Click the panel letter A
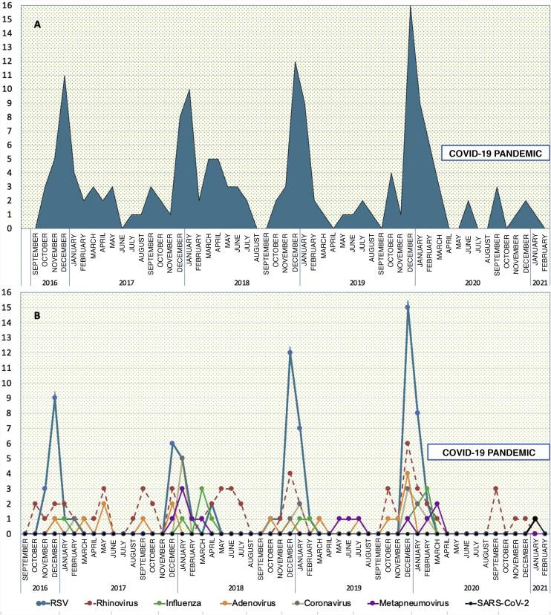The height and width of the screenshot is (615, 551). click(36, 24)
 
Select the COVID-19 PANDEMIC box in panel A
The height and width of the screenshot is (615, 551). click(494, 154)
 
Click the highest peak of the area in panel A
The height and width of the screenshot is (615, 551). click(410, 7)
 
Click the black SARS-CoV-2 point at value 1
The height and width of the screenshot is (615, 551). click(535, 519)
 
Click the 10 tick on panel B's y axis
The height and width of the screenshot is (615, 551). click(10, 383)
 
